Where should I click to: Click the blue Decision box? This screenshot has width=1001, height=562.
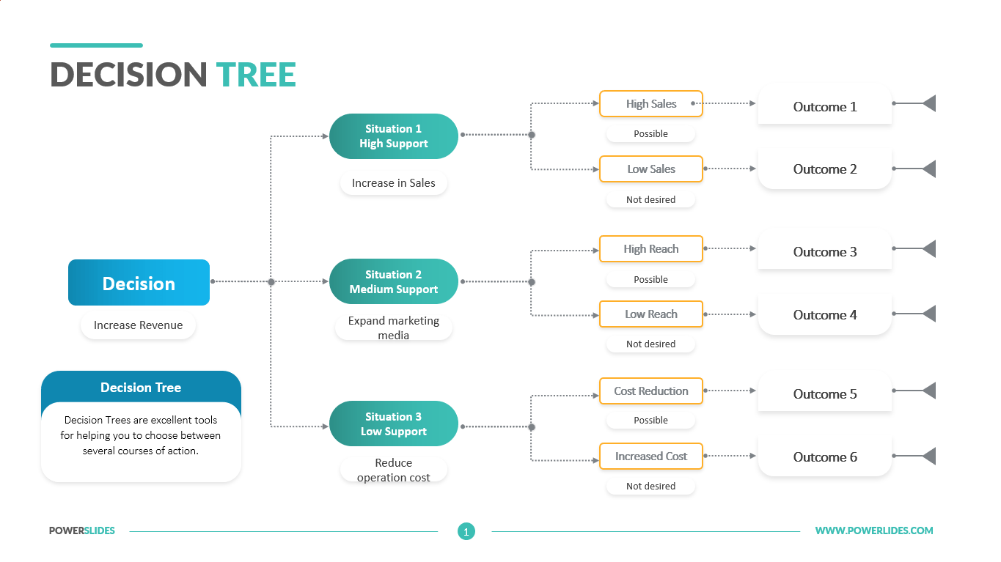pyautogui.click(x=139, y=283)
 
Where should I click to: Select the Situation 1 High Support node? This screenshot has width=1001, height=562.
pyautogui.click(x=394, y=136)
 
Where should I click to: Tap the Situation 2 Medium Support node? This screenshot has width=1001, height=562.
pyautogui.click(x=394, y=281)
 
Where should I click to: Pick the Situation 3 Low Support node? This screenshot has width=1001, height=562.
pyautogui.click(x=394, y=424)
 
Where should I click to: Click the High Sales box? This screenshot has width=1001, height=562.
pyautogui.click(x=651, y=104)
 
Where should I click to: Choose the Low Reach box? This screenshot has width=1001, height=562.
pyautogui.click(x=651, y=314)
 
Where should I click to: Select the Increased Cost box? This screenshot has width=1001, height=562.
pyautogui.click(x=651, y=456)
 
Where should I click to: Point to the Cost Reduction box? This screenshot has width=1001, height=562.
pyautogui.click(x=651, y=391)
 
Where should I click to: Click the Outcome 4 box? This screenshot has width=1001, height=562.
pyautogui.click(x=824, y=315)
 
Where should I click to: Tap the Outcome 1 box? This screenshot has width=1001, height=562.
pyautogui.click(x=824, y=107)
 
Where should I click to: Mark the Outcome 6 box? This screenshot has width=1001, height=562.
pyautogui.click(x=824, y=457)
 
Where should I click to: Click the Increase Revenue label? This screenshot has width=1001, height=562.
pyautogui.click(x=138, y=325)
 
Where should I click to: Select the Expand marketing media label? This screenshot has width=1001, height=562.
pyautogui.click(x=394, y=328)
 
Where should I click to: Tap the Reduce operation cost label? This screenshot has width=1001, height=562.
pyautogui.click(x=394, y=470)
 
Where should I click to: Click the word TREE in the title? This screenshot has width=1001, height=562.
pyautogui.click(x=256, y=75)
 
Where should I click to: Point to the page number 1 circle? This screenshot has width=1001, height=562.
pyautogui.click(x=466, y=531)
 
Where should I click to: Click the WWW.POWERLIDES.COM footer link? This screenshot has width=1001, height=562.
pyautogui.click(x=874, y=530)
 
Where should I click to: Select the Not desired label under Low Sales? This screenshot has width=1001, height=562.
pyautogui.click(x=650, y=199)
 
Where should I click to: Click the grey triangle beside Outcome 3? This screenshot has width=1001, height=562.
pyautogui.click(x=929, y=249)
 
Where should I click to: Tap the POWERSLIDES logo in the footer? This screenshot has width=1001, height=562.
pyautogui.click(x=82, y=530)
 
